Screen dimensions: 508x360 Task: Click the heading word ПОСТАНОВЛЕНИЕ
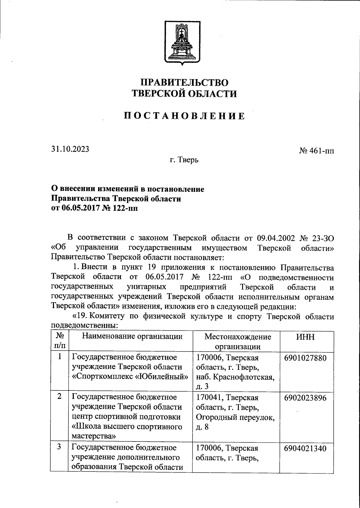[x=184, y=116]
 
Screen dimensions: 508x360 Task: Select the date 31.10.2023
[x=70, y=149]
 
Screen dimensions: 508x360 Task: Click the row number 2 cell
[x=60, y=396]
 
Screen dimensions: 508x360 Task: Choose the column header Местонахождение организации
[x=237, y=341]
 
